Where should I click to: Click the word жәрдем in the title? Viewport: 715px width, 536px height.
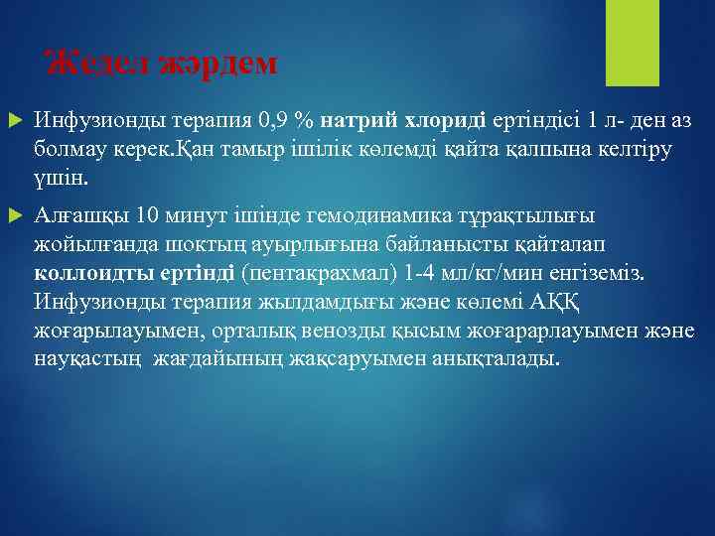(x=213, y=65)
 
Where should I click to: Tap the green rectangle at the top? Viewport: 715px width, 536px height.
(x=626, y=42)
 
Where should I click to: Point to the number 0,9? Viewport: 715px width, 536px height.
(x=272, y=121)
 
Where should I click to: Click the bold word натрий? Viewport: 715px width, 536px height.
(x=358, y=121)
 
